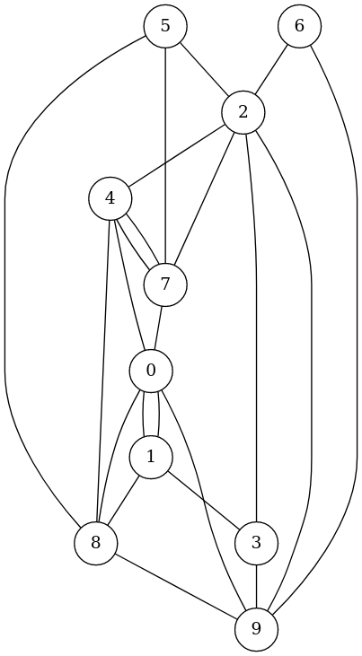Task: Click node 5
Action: [x=165, y=26]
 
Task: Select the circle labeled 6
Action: [x=299, y=26]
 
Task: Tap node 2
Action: [x=243, y=112]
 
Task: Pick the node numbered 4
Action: [x=110, y=198]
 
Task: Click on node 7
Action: [x=165, y=284]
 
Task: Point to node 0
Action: [x=151, y=372]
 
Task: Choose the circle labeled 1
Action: [x=151, y=458]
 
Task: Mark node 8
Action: [x=96, y=544]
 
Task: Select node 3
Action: [x=256, y=544]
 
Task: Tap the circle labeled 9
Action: [x=256, y=630]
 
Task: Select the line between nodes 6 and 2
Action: [x=271, y=69]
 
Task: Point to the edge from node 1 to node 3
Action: [x=204, y=501]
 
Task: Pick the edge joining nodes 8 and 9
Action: [x=176, y=587]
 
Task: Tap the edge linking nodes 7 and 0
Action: [x=158, y=328]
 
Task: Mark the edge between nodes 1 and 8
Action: [x=124, y=501]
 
